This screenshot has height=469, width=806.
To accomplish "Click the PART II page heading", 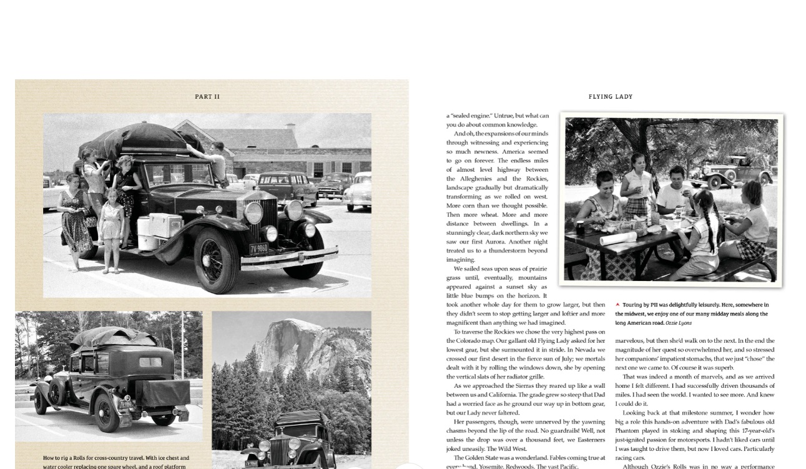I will click(207, 97).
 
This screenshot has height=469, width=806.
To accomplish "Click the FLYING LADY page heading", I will click(610, 97).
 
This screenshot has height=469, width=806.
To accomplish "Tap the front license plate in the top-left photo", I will click(258, 249).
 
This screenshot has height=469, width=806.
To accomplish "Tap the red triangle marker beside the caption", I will click(617, 305).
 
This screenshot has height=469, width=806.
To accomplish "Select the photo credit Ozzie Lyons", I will click(678, 323).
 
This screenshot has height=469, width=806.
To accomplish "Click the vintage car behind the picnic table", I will click(730, 172).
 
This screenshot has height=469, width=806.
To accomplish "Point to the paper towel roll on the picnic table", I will click(618, 238).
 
